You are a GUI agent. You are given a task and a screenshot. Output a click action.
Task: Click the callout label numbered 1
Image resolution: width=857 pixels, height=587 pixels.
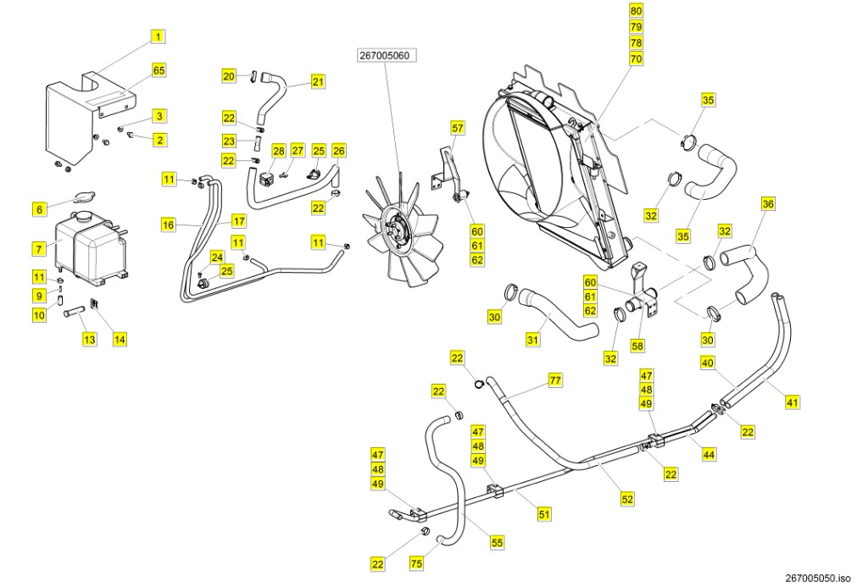coord(159,36)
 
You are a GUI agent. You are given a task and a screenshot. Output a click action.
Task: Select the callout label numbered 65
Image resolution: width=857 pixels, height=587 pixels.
coord(159,70)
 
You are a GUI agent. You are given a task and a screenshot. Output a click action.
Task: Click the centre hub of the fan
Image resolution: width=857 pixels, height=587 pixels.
coord(396,229)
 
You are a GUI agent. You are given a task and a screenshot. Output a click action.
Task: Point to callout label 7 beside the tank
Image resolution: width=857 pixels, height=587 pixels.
coord(38,249)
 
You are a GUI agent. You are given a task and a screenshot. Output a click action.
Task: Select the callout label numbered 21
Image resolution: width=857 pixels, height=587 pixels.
coord(318,82)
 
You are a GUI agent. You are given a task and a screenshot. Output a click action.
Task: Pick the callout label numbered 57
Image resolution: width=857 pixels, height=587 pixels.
coord(458,129)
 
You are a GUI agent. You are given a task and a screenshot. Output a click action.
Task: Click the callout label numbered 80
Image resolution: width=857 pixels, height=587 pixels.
coord(636,11)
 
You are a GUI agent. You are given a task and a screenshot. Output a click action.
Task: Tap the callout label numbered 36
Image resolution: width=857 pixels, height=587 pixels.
coord(768,204)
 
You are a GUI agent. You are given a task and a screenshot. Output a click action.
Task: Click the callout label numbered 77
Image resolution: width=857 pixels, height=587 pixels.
coord(555,380)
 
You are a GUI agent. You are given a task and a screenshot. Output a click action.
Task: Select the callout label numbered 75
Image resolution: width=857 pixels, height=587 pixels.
coord(416,562)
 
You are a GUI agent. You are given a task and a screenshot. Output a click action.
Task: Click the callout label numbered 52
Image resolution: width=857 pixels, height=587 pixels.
coord(627,500)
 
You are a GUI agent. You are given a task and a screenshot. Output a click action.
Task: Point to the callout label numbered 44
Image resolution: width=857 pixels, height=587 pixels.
coord(710,455)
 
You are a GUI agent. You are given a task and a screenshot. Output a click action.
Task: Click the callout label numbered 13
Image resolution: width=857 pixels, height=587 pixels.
coord(89,339)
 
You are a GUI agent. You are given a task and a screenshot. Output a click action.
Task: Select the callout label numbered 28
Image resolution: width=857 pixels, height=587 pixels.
coord(279,151)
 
